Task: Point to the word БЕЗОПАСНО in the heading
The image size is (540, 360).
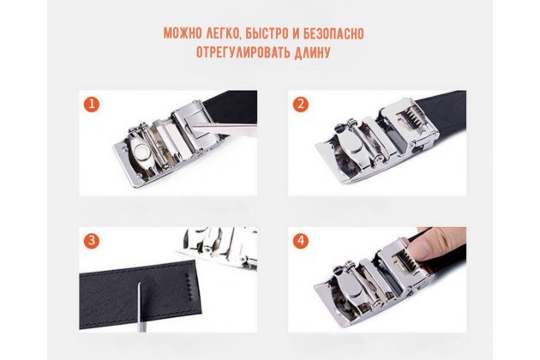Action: point(333,33)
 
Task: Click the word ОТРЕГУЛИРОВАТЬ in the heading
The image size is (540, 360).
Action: point(243,52)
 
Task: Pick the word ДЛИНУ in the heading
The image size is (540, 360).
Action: point(312,53)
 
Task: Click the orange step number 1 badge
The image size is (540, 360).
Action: point(91,104)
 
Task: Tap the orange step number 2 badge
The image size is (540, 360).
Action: point(301,104)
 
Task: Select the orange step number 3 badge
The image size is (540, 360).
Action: point(91,241)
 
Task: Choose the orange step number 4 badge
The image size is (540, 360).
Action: point(301,241)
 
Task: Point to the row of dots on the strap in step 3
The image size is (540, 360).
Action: point(189,287)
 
